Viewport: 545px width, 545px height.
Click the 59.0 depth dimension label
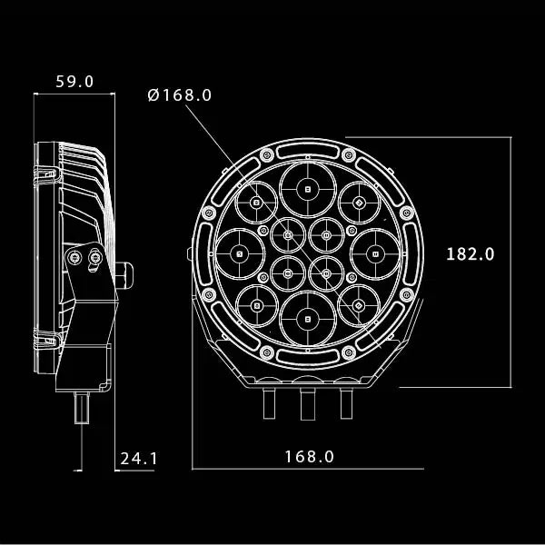click(74, 81)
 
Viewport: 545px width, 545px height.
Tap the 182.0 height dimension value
click(470, 254)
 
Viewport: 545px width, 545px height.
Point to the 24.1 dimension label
click(139, 459)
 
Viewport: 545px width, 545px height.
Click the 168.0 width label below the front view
click(309, 457)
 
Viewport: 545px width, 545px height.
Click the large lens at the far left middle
click(239, 254)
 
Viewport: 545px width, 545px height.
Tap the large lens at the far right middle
click(373, 254)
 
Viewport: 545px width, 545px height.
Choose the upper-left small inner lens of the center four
click(287, 236)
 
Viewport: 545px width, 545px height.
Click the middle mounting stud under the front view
click(306, 400)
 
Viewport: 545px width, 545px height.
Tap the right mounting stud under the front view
click(345, 399)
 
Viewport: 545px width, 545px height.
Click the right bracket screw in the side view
click(96, 260)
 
